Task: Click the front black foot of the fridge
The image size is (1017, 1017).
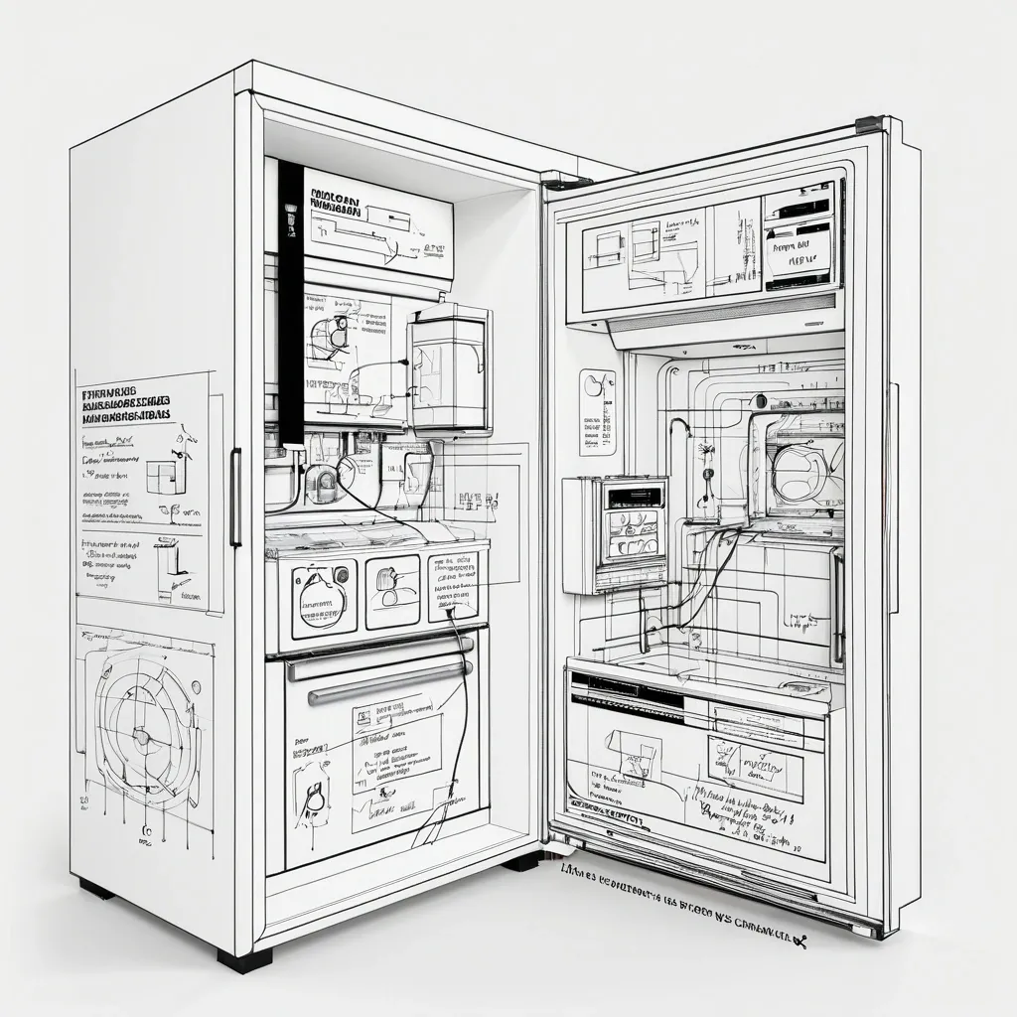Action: point(244,960)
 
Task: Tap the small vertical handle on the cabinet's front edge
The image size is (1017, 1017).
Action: point(235,497)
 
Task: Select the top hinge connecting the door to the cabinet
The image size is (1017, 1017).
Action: point(566,181)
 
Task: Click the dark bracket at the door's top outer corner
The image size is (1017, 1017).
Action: point(869,124)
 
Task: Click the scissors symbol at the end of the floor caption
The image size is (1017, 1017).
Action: point(798,940)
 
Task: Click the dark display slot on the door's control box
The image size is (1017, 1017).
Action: point(634,496)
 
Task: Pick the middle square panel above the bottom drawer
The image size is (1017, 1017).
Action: point(392,591)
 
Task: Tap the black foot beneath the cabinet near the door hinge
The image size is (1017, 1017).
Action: point(523,861)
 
